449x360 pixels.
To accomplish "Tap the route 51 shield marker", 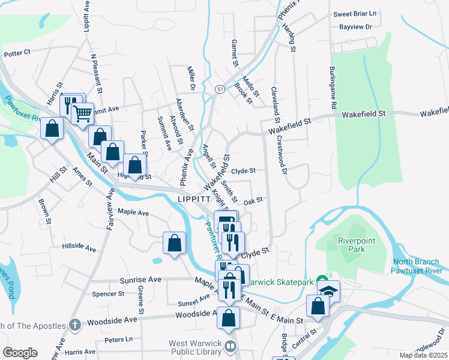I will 220,89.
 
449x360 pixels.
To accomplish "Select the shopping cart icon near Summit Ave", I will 82,112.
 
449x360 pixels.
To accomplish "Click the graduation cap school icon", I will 328,291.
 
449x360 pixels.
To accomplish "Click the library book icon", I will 230,346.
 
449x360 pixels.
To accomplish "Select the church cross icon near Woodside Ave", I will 74,325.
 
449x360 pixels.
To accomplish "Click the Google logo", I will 20,353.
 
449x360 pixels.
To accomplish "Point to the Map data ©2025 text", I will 424,355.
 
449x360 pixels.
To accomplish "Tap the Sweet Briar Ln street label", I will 354,14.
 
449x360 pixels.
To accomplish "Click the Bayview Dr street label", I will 356,27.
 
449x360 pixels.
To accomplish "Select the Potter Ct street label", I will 17,53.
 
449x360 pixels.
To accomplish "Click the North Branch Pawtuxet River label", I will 419,266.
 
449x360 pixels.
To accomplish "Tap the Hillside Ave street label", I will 79,247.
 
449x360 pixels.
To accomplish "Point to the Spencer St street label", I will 108,294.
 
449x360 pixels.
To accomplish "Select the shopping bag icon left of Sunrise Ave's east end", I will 174,244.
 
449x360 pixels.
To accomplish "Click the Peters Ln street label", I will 118,340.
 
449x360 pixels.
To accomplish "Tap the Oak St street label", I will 253,200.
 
